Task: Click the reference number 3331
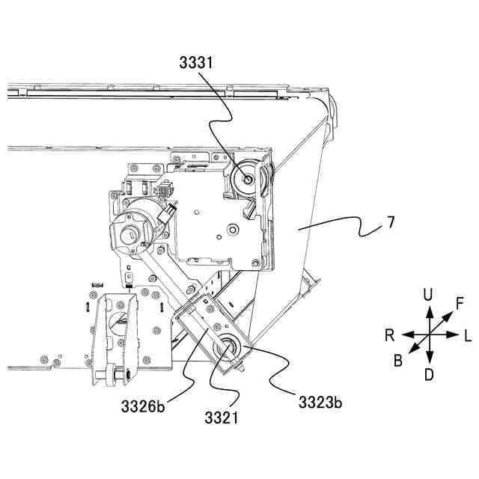click(x=197, y=64)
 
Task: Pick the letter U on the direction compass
click(x=428, y=295)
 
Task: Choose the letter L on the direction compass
click(x=467, y=335)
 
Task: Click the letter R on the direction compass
click(x=389, y=335)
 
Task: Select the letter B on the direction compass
click(x=398, y=361)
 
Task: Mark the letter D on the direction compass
click(x=428, y=374)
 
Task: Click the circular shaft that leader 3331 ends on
click(x=244, y=180)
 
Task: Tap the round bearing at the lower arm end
click(x=225, y=350)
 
